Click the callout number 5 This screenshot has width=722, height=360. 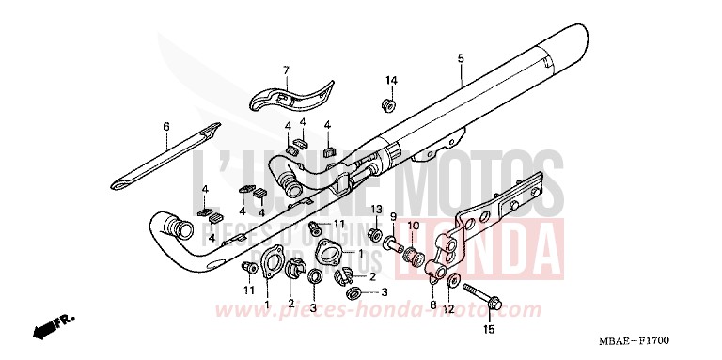pos(461,59)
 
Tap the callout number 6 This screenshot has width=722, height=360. pos(166,126)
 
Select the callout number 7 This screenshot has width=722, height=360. pos(286,70)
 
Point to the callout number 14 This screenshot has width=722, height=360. pos(391,80)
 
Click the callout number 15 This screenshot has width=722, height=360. pos(488,330)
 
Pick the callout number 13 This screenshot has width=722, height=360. pos(374,209)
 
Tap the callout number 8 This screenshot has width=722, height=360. pos(432,305)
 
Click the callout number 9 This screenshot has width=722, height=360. pos(393,217)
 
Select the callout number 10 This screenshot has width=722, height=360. pos(413,224)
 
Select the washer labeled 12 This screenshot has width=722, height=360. pos(454,280)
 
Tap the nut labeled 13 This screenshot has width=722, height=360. pos(373,233)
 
